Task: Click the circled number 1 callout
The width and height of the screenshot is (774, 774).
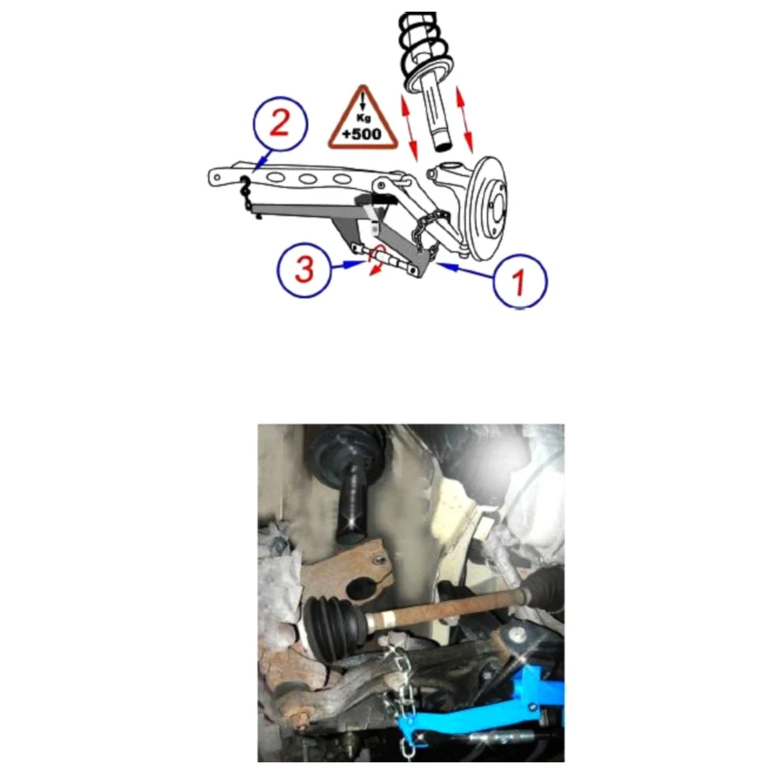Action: click(520, 282)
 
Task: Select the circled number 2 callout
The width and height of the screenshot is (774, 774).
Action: click(280, 124)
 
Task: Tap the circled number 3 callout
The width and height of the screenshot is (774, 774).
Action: click(304, 269)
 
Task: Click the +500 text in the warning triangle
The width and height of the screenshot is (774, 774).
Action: click(361, 134)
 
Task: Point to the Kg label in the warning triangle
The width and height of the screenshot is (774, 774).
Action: click(363, 118)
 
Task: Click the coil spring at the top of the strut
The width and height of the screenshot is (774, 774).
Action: click(424, 50)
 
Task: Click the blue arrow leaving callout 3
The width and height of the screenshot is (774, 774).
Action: click(348, 265)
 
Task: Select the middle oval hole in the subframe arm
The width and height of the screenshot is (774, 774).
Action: click(307, 178)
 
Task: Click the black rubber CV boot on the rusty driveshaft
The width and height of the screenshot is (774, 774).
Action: click(334, 625)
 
